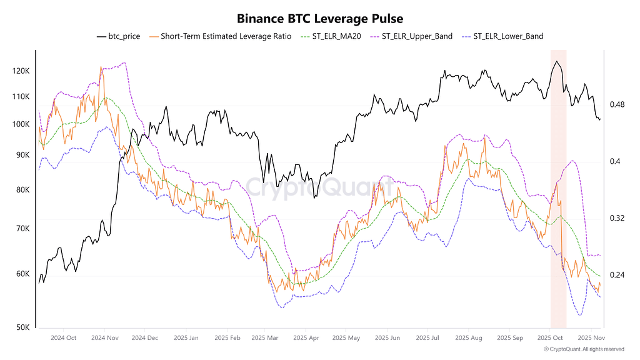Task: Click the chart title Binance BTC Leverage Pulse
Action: click(x=320, y=19)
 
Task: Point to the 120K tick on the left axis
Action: click(x=21, y=71)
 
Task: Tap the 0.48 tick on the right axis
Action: click(x=617, y=104)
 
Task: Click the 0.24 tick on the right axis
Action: click(x=617, y=275)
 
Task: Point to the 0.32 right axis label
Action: click(x=617, y=218)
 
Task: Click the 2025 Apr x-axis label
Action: click(x=306, y=338)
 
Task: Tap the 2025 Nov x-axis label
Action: click(x=590, y=338)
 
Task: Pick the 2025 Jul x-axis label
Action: click(x=427, y=338)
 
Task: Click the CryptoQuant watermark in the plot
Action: click(x=319, y=186)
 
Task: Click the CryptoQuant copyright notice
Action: click(x=584, y=349)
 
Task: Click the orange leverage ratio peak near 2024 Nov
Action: click(x=101, y=67)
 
